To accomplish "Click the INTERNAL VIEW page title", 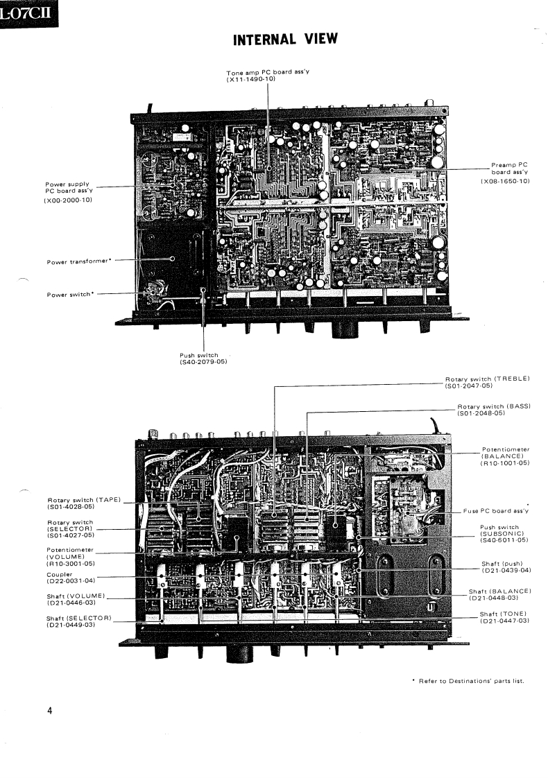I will tap(285, 40).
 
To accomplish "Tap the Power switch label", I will tap(70, 294).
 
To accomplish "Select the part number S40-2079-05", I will tap(203, 362).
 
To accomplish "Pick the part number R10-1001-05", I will tap(504, 463).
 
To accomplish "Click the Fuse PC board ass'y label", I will tap(496, 511).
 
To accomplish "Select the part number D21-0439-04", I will tap(506, 570).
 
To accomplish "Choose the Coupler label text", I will tap(60, 573).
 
